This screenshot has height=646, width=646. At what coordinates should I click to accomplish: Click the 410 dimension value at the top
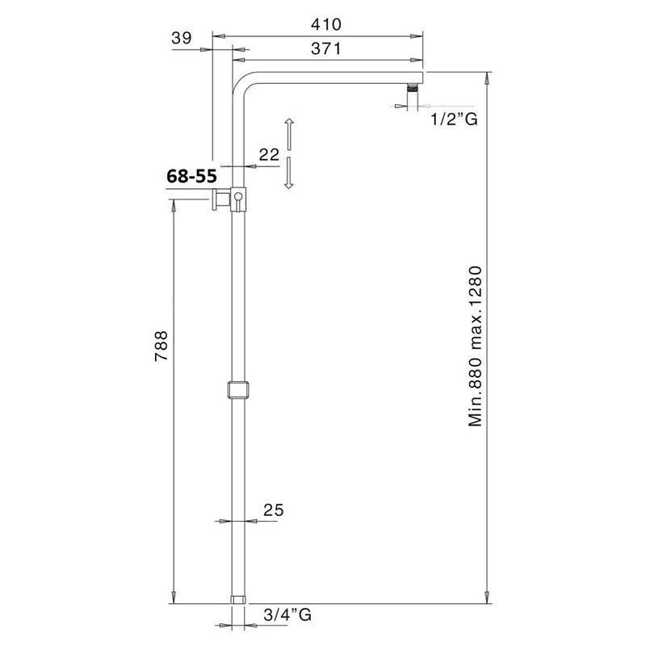pos(318,24)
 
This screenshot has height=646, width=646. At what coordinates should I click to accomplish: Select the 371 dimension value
pos(318,48)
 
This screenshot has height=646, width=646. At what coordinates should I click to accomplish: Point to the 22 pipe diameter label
pos(270,153)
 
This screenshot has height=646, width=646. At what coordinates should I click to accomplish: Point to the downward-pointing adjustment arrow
pos(288,174)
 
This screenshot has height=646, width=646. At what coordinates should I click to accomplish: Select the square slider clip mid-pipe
pos(237,389)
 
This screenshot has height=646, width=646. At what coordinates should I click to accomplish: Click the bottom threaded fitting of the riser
pos(237,600)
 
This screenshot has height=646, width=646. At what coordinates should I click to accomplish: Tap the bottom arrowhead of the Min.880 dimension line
pos(488,599)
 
